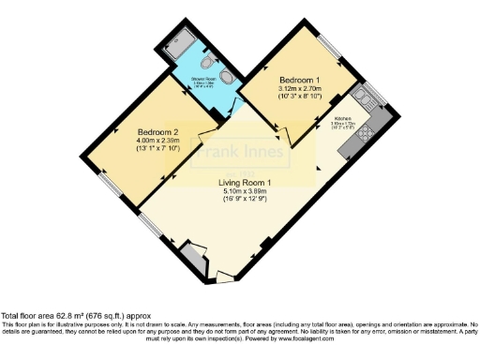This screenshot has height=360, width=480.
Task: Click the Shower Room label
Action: (204, 79)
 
